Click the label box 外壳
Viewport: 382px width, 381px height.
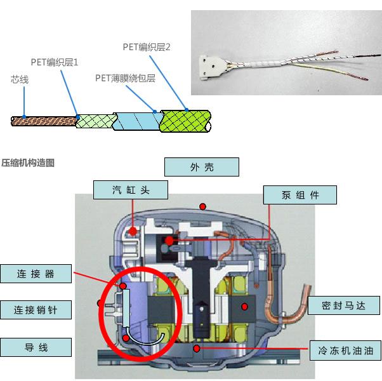pyautogui.click(x=201, y=167)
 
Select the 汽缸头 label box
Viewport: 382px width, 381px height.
pyautogui.click(x=130, y=189)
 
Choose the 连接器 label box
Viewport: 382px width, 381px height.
pyautogui.click(x=36, y=274)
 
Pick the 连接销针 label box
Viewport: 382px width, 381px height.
pyautogui.click(x=36, y=310)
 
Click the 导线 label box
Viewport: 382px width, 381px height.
pyautogui.click(x=36, y=347)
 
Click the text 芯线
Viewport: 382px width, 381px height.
pyautogui.click(x=20, y=81)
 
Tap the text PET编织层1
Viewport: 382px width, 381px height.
pyautogui.click(x=55, y=62)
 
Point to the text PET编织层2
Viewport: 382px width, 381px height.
pyautogui.click(x=147, y=47)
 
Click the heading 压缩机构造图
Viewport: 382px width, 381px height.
pyautogui.click(x=29, y=163)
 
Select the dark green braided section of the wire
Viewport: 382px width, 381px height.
pyautogui.click(x=184, y=120)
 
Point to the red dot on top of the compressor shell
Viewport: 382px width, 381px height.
pyautogui.click(x=203, y=206)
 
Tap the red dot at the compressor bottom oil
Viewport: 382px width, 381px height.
pyautogui.click(x=198, y=348)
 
